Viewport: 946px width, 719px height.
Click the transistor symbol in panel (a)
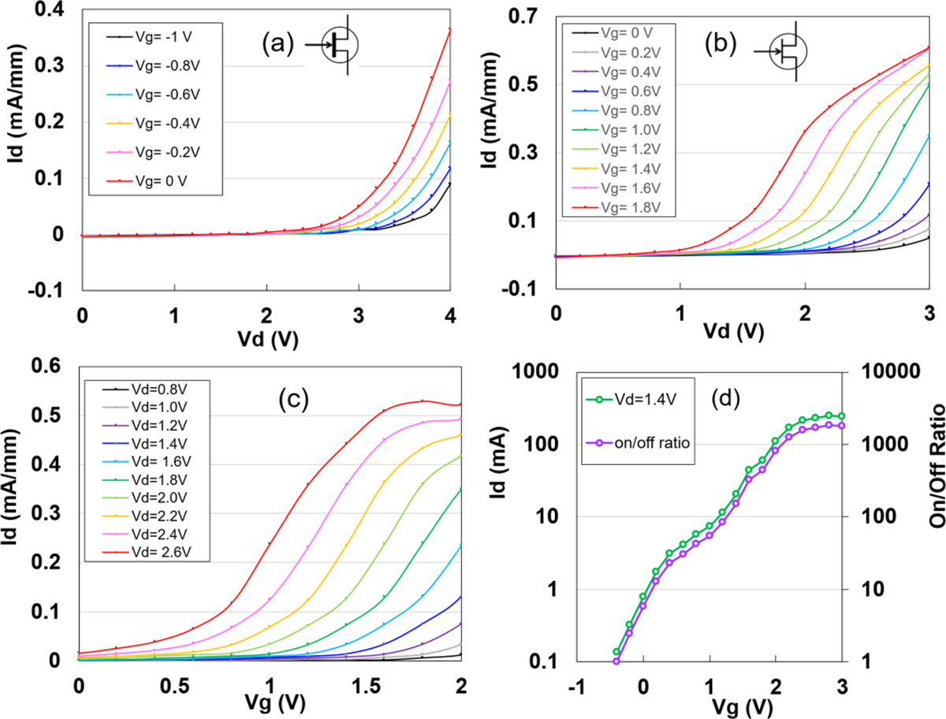coord(340,47)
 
